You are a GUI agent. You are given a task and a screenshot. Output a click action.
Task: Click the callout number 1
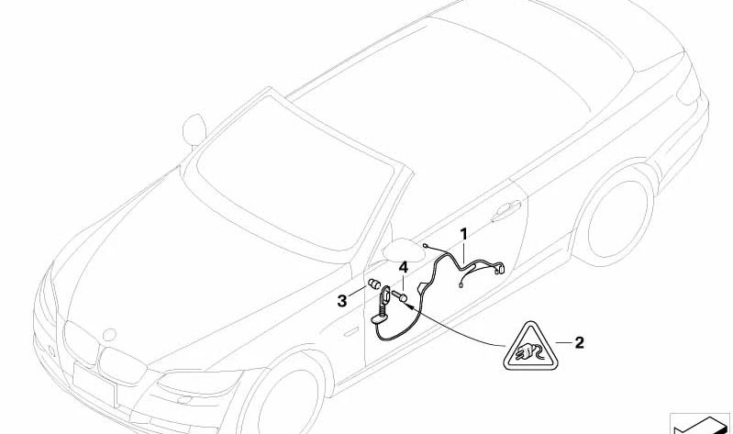click(463, 234)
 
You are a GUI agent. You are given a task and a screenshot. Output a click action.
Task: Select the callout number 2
click(579, 343)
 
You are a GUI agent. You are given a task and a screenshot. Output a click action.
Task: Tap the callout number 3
click(342, 301)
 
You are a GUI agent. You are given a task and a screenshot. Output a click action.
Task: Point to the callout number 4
click(404, 268)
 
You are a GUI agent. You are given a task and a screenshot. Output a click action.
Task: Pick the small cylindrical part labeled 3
click(374, 284)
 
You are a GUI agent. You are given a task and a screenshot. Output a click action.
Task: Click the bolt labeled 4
click(400, 295)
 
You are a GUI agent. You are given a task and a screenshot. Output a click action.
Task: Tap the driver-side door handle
click(505, 209)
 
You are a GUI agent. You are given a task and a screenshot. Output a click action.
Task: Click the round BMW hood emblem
click(109, 335)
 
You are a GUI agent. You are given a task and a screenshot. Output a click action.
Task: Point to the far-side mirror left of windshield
click(194, 128)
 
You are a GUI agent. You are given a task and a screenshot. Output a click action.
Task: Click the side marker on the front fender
click(349, 333)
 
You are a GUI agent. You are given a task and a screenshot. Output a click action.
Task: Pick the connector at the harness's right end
click(500, 268)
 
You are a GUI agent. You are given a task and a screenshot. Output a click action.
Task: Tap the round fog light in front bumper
click(185, 400)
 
